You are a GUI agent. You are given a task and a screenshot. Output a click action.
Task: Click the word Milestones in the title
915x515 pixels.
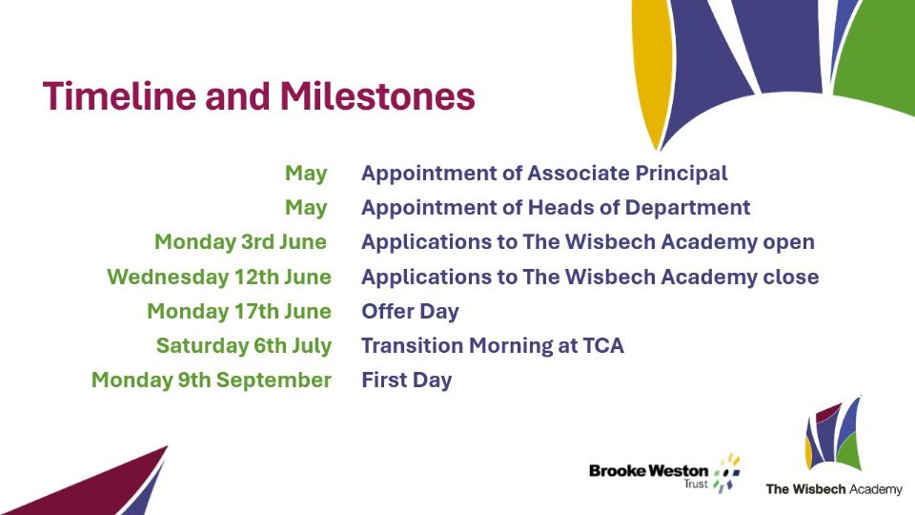pyautogui.click(x=377, y=96)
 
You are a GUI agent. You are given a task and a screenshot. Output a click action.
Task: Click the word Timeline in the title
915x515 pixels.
pyautogui.click(x=120, y=96)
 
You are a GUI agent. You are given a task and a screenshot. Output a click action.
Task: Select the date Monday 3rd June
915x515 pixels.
pyautogui.click(x=240, y=241)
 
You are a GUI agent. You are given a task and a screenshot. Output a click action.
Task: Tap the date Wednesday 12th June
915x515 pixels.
pyautogui.click(x=219, y=277)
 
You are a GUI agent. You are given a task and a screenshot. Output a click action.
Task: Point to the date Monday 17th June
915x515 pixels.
pyautogui.click(x=239, y=311)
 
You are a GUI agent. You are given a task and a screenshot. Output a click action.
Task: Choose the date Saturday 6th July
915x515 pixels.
pyautogui.click(x=244, y=345)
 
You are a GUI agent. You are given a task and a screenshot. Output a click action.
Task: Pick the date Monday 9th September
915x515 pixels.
pyautogui.click(x=212, y=381)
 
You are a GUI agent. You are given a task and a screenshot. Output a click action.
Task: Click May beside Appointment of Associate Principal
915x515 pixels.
pyautogui.click(x=306, y=174)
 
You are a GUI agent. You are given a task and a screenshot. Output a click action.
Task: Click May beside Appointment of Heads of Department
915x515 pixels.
pyautogui.click(x=306, y=208)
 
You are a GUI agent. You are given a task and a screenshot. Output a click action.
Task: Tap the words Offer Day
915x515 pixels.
pyautogui.click(x=410, y=312)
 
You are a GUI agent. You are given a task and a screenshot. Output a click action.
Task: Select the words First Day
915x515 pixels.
pyautogui.click(x=407, y=381)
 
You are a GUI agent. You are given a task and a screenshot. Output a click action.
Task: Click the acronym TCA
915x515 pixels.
pyautogui.click(x=603, y=345)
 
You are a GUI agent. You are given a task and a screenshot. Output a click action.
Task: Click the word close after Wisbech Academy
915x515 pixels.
pyautogui.click(x=791, y=277)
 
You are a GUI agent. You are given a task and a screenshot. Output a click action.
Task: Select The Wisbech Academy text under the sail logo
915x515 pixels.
pyautogui.click(x=834, y=489)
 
